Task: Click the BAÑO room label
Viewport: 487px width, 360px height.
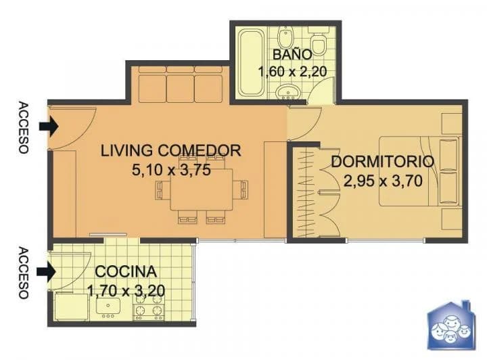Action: tap(292, 54)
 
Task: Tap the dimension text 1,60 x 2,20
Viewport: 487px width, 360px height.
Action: tap(292, 72)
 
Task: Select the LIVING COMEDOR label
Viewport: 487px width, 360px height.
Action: tap(171, 150)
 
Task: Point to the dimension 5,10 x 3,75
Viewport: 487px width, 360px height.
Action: tap(171, 170)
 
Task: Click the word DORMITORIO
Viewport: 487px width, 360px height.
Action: tap(383, 162)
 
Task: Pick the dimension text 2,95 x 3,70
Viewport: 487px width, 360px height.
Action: tap(383, 181)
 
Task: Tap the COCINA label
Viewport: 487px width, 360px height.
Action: tap(126, 272)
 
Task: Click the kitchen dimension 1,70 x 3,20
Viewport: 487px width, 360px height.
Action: tap(126, 291)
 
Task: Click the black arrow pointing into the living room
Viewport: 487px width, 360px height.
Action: tap(49, 127)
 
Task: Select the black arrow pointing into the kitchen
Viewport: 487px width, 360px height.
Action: tap(46, 272)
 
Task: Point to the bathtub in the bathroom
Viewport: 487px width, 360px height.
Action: tap(252, 62)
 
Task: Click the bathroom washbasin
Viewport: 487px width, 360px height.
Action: tap(288, 91)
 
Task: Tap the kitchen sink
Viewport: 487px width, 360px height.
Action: tap(108, 306)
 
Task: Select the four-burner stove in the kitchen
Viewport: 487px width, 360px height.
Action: tap(148, 307)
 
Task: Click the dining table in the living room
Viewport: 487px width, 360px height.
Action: tap(202, 189)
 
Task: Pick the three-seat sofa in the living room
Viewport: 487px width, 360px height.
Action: tap(181, 84)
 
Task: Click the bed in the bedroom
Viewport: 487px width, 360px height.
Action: tap(419, 171)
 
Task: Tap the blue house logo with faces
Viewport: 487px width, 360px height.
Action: tap(452, 325)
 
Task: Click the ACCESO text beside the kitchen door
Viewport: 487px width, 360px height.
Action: tap(24, 273)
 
